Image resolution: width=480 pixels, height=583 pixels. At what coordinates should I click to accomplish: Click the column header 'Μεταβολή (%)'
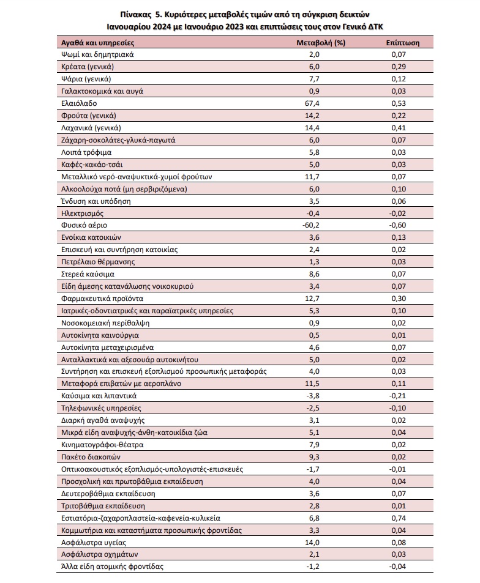pos(321,43)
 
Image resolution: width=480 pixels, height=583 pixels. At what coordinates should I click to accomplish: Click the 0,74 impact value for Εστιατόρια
pos(398,518)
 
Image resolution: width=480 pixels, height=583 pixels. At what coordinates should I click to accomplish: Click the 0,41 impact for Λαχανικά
pos(398,128)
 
